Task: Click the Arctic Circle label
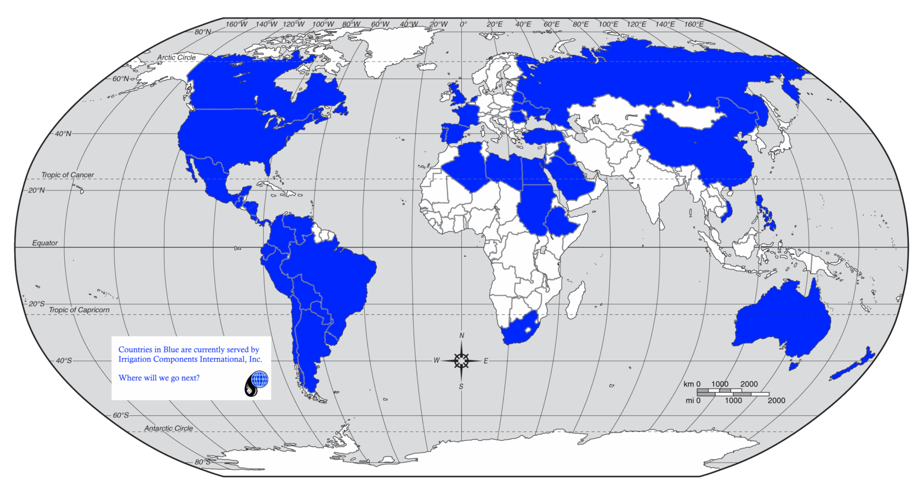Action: (176, 58)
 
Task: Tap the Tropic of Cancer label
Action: (67, 175)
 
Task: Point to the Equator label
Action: (45, 243)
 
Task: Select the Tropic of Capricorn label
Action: (79, 310)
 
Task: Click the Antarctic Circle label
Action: (168, 429)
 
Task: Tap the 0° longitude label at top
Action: (463, 24)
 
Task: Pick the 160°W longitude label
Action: (237, 24)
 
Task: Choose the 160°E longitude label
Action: (694, 24)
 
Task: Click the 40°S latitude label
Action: (64, 361)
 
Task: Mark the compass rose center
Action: (461, 361)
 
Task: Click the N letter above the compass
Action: (462, 336)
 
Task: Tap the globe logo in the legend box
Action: (258, 379)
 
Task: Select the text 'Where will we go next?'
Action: (159, 378)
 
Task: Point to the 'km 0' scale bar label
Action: (692, 384)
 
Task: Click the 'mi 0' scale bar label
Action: (693, 401)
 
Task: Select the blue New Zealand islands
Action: (853, 366)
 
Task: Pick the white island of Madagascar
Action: (574, 300)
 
